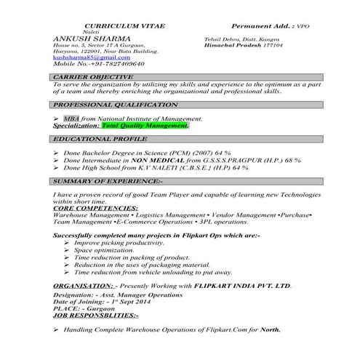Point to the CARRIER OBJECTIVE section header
94,76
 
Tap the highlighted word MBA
71,118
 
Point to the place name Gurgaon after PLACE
102,308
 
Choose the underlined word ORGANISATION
83,287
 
